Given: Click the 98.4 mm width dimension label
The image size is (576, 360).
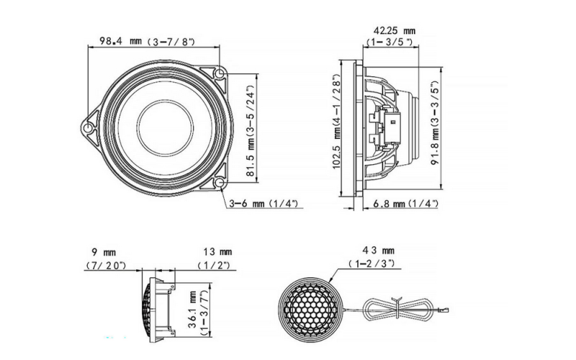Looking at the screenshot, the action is pos(148,41).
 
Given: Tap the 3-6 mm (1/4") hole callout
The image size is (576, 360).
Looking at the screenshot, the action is pos(264,203).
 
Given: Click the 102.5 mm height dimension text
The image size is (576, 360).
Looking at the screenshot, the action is pos(337,122).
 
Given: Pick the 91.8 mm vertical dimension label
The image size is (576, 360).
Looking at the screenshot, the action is pos(436,123).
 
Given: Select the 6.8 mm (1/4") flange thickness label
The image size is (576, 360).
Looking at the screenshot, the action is pos(405,204).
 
